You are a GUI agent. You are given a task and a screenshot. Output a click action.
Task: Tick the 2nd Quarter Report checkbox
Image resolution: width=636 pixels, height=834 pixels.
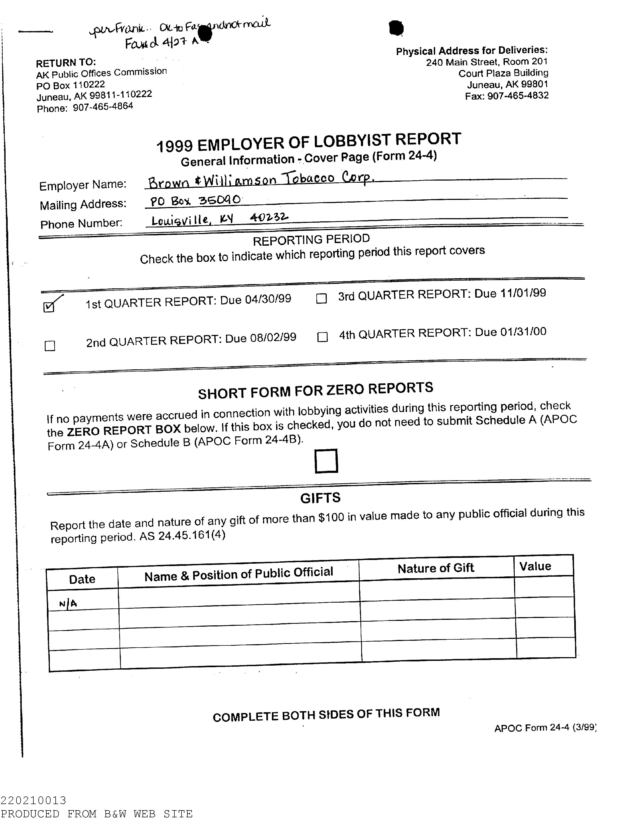(50, 346)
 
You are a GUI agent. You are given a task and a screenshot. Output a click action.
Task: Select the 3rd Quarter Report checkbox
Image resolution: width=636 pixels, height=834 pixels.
(321, 299)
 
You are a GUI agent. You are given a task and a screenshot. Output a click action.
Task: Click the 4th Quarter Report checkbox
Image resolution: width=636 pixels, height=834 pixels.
(322, 337)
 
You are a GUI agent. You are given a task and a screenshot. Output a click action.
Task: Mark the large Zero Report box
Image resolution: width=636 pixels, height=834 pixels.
(326, 461)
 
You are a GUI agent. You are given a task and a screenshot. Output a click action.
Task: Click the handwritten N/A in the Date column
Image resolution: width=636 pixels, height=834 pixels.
(68, 604)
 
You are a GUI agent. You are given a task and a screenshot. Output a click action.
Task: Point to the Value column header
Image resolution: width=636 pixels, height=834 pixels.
(535, 566)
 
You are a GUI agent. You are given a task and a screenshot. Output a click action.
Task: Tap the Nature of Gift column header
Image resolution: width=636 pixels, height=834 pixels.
(435, 568)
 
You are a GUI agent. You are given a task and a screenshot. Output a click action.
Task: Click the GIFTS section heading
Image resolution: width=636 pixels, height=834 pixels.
(320, 498)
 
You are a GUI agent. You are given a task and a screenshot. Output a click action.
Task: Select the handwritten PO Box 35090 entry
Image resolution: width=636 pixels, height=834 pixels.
(195, 200)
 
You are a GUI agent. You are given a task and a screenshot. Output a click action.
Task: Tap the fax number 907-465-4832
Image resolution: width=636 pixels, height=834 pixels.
(518, 96)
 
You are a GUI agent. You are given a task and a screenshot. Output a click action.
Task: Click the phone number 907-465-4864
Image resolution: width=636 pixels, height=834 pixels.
(103, 107)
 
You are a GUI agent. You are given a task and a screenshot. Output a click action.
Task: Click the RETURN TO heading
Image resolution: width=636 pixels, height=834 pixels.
(66, 62)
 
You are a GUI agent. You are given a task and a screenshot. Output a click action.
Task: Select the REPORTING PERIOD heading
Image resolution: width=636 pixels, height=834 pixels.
(311, 239)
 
